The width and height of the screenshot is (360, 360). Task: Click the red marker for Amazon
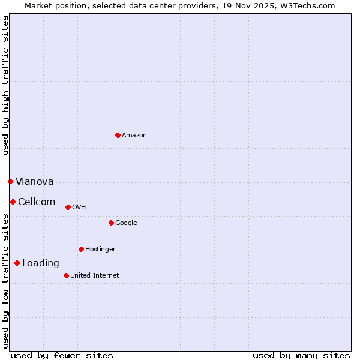pos(118,135)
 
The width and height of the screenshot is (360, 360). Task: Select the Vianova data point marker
pos(10,181)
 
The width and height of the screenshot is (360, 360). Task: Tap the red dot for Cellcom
pos(13,202)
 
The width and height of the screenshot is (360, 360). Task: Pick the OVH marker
pos(68,207)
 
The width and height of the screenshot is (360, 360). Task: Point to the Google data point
pos(111,223)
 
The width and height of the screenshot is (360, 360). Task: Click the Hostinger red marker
pos(81,249)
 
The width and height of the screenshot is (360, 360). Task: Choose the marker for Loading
pos(17,263)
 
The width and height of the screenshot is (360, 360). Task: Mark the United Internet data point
pos(66,275)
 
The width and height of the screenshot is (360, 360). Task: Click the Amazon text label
pos(134,136)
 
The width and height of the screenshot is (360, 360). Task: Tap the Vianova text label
pos(35,182)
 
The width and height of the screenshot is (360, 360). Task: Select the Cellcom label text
pos(37,202)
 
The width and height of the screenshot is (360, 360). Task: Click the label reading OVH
pos(79,208)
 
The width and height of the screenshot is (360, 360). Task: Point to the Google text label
pos(126,223)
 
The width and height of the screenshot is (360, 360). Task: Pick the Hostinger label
pos(100,250)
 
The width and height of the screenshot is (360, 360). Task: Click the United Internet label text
pos(95,276)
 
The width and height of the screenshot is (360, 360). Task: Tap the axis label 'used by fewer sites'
pos(62,355)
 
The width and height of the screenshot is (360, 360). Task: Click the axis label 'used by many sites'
pos(301,355)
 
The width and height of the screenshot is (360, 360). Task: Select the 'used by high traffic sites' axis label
pos(5,85)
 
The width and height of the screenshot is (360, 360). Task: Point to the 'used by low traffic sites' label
pos(5,281)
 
